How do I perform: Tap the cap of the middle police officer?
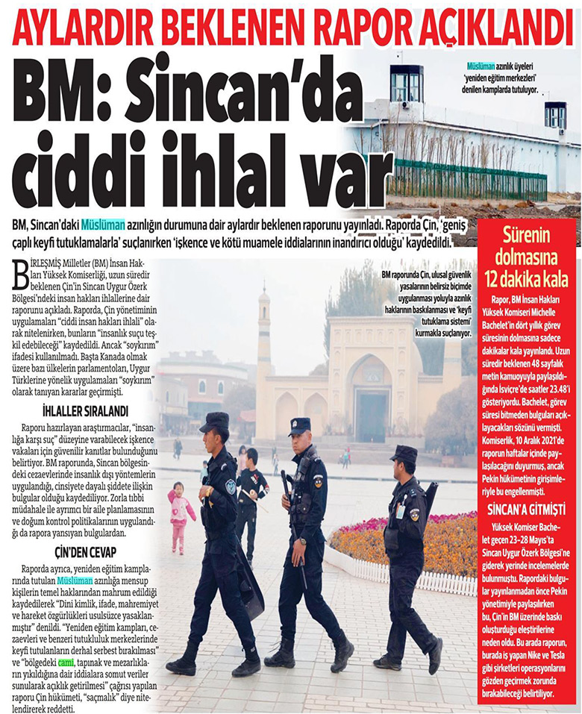tap(299, 425)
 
